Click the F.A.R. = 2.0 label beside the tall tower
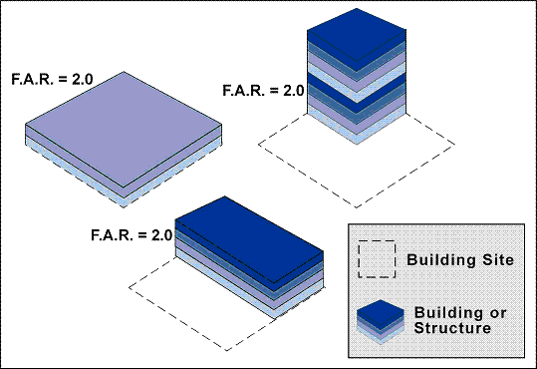[263, 91]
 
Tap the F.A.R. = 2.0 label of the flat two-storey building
[52, 79]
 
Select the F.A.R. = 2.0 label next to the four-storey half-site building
[132, 235]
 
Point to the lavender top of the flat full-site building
[124, 130]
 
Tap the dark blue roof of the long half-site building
[249, 239]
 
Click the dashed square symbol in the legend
[377, 258]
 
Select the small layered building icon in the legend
[381, 322]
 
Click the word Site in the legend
[498, 259]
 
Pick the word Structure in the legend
[452, 328]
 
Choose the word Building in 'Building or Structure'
[449, 313]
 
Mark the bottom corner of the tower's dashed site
[357, 207]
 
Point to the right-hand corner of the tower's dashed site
[454, 145]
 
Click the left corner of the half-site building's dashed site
[130, 287]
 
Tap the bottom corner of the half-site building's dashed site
[227, 350]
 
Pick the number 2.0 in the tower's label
[294, 91]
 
